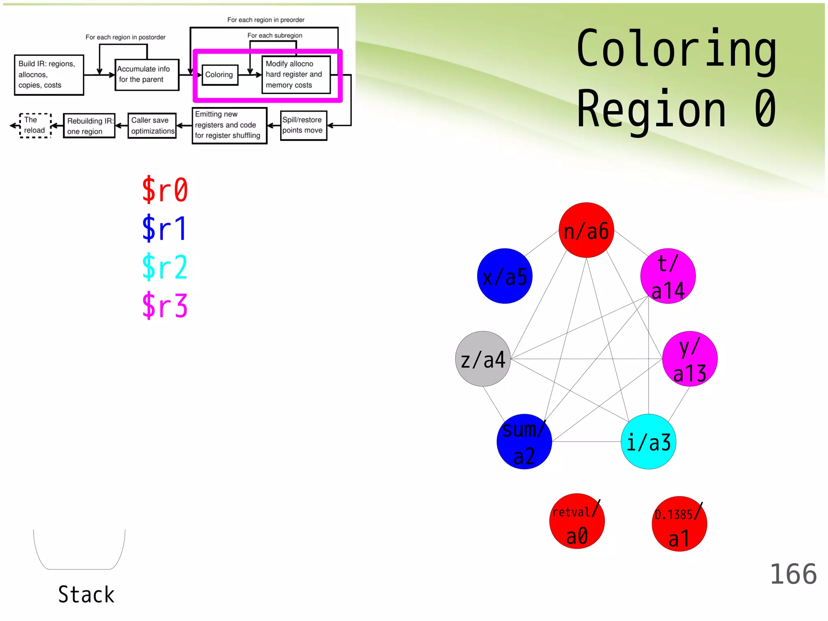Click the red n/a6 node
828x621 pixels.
(x=586, y=230)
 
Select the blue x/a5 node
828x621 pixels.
(x=505, y=276)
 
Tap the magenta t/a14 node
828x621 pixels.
(x=668, y=276)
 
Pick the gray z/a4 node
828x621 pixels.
(x=483, y=359)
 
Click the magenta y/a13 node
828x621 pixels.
(x=690, y=359)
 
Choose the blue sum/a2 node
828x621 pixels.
(x=524, y=441)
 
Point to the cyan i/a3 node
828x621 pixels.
(x=648, y=441)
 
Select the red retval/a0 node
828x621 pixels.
(x=577, y=521)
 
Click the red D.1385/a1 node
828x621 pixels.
(x=679, y=524)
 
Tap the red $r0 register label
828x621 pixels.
(x=165, y=190)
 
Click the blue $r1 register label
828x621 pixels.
(x=165, y=228)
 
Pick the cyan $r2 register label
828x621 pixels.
(x=165, y=267)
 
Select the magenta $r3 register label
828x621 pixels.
(x=165, y=306)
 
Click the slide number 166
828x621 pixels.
(x=793, y=574)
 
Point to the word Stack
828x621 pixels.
(x=86, y=595)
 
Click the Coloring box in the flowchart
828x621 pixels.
(x=220, y=75)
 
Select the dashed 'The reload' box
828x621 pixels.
(x=35, y=126)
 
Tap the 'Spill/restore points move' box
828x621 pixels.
(x=303, y=125)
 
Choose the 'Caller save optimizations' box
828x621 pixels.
(x=152, y=126)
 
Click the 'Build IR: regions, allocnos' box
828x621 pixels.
(x=49, y=75)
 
